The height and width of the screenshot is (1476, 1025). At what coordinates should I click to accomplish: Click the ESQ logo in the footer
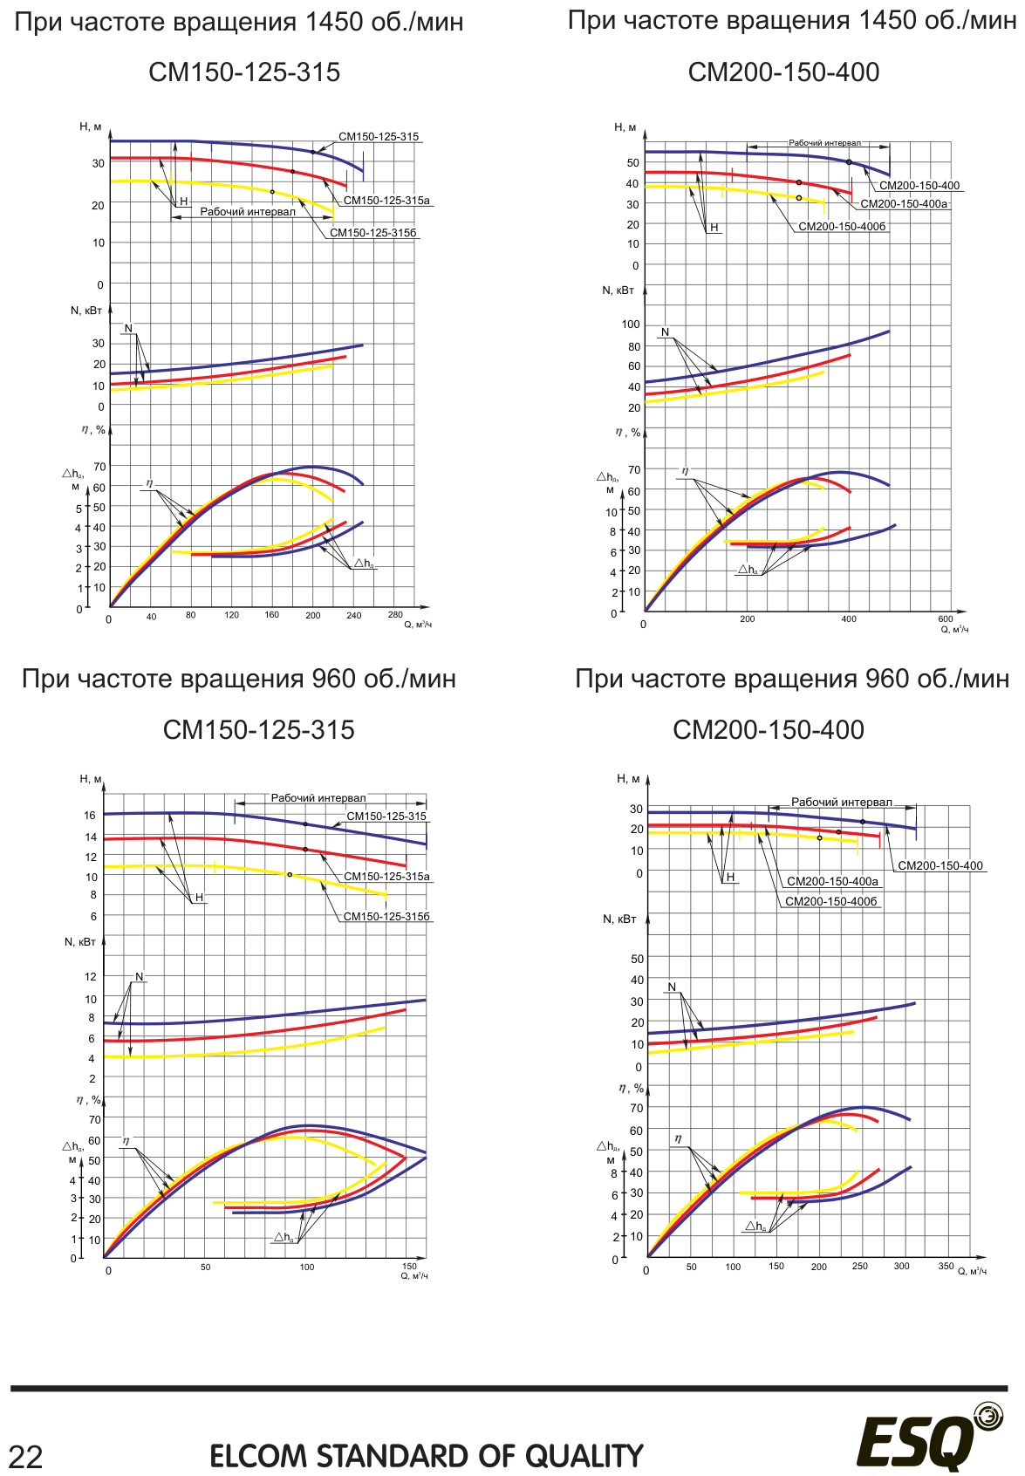pyautogui.click(x=930, y=1440)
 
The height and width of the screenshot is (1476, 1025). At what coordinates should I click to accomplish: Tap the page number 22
pyautogui.click(x=26, y=1457)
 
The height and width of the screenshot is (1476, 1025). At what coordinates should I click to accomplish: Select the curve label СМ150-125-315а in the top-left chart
pyautogui.click(x=386, y=201)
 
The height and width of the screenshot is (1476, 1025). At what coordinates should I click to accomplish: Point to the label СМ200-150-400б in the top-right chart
pyautogui.click(x=842, y=227)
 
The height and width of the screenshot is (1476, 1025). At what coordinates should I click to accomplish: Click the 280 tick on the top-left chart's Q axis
pyautogui.click(x=394, y=615)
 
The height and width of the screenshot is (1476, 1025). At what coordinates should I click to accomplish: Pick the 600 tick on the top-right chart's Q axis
pyautogui.click(x=946, y=618)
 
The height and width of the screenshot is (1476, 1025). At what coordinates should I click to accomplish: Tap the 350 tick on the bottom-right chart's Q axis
pyautogui.click(x=946, y=1266)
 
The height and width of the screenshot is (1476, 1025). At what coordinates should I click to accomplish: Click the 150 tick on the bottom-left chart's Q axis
pyautogui.click(x=409, y=1266)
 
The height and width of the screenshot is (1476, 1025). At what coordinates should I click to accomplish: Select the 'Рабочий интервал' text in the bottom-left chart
pyautogui.click(x=318, y=798)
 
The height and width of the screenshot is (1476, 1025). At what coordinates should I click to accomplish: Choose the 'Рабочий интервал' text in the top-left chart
pyautogui.click(x=248, y=211)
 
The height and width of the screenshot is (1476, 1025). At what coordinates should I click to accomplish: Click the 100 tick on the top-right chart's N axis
pyautogui.click(x=631, y=325)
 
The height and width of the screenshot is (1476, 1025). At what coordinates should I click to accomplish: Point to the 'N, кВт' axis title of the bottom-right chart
pyautogui.click(x=619, y=919)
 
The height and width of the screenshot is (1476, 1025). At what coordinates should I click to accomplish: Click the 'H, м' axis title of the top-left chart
pyautogui.click(x=90, y=126)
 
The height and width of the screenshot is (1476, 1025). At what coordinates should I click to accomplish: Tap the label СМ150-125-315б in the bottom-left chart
pyautogui.click(x=386, y=917)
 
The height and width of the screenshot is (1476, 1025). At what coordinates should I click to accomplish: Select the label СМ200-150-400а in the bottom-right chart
pyautogui.click(x=832, y=882)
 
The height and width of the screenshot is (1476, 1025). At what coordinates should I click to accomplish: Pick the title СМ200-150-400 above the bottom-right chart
pyautogui.click(x=768, y=730)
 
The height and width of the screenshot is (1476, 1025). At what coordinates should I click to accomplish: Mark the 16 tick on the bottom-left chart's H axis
pyautogui.click(x=90, y=815)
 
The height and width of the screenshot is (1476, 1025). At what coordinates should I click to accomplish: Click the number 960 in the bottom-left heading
pyautogui.click(x=333, y=679)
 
